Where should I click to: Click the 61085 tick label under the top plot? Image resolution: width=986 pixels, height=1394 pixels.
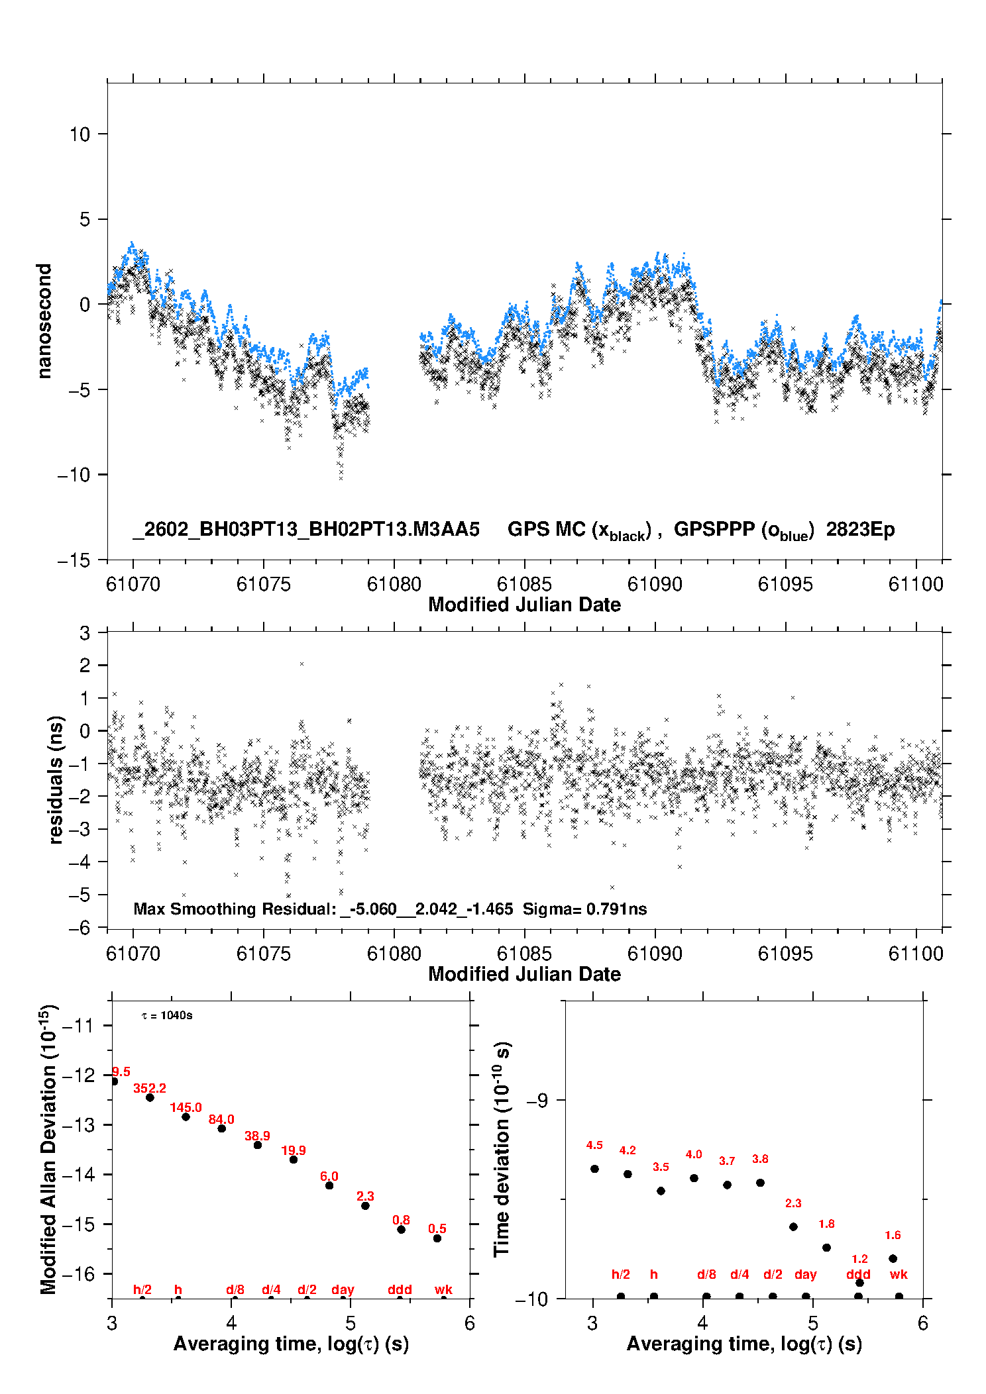pos(524,584)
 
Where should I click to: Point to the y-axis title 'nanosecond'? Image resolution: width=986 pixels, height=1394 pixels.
pos(44,321)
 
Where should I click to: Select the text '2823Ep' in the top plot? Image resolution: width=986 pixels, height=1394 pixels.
pos(860,530)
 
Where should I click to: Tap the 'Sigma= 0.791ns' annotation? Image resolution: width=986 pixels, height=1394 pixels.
pos(584,909)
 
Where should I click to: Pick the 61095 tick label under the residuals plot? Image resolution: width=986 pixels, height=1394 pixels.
pos(785,954)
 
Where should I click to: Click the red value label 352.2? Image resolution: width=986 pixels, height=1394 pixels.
pos(150,1088)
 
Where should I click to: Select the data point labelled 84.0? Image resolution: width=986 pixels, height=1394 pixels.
pos(222,1128)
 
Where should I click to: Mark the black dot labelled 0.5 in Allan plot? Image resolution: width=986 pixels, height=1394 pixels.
pos(437,1238)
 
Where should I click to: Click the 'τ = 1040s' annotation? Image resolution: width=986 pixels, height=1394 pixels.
pos(167,1016)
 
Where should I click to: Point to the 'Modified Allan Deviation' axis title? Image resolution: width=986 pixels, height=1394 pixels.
pos(48,1149)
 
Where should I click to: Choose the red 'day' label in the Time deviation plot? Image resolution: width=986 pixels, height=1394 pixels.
pos(805,1274)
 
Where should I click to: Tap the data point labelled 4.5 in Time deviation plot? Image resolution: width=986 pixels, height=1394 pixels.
pos(594,1169)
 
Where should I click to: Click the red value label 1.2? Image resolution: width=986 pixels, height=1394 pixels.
pos(859,1259)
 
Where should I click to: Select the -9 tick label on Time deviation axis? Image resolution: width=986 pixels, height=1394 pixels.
pos(537,1101)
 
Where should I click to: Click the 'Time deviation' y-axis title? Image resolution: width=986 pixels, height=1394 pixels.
pos(502,1149)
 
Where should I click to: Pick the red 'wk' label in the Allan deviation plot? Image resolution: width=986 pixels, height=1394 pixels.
pos(443,1289)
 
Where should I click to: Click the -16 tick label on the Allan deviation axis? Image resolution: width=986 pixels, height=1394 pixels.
pos(78,1273)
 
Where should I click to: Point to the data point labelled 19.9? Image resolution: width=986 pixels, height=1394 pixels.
pos(294,1160)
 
